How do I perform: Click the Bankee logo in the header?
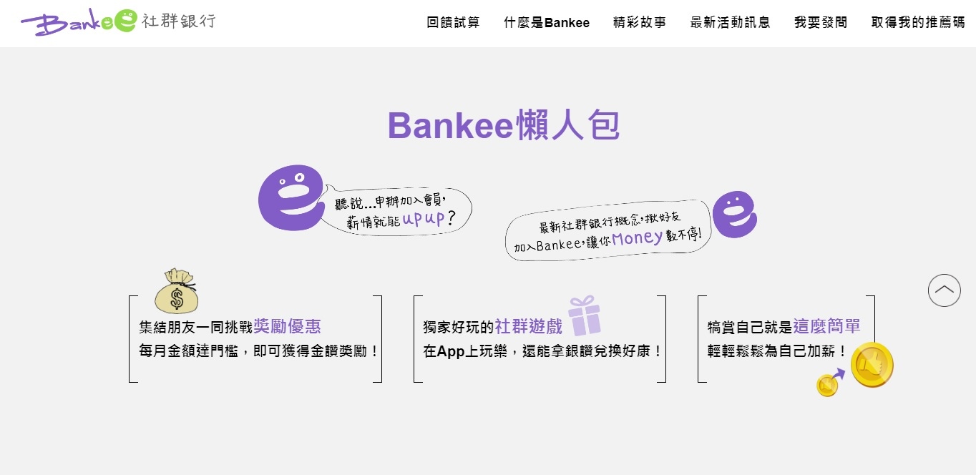pyautogui.click(x=118, y=21)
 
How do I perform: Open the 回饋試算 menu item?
pyautogui.click(x=453, y=22)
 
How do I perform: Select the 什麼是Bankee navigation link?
pyautogui.click(x=547, y=22)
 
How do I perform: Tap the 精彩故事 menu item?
pyautogui.click(x=640, y=22)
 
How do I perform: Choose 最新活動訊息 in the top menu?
pyautogui.click(x=731, y=22)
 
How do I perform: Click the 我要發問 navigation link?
pyautogui.click(x=821, y=22)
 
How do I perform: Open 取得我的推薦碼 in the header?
pyautogui.click(x=918, y=22)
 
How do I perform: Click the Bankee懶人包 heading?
pyautogui.click(x=504, y=125)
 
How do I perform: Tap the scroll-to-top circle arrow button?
pyautogui.click(x=945, y=290)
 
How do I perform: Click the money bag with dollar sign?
pyautogui.click(x=177, y=290)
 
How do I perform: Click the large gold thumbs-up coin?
pyautogui.click(x=872, y=365)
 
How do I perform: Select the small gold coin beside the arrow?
pyautogui.click(x=827, y=386)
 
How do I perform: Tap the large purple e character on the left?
pyautogui.click(x=291, y=197)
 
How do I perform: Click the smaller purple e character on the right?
pyautogui.click(x=735, y=214)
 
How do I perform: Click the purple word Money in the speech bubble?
pyautogui.click(x=637, y=238)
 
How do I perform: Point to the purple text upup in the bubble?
pyautogui.click(x=423, y=217)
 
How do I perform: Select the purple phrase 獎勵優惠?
pyautogui.click(x=287, y=326)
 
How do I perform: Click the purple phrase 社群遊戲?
pyautogui.click(x=529, y=326)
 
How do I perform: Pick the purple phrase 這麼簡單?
pyautogui.click(x=827, y=326)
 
